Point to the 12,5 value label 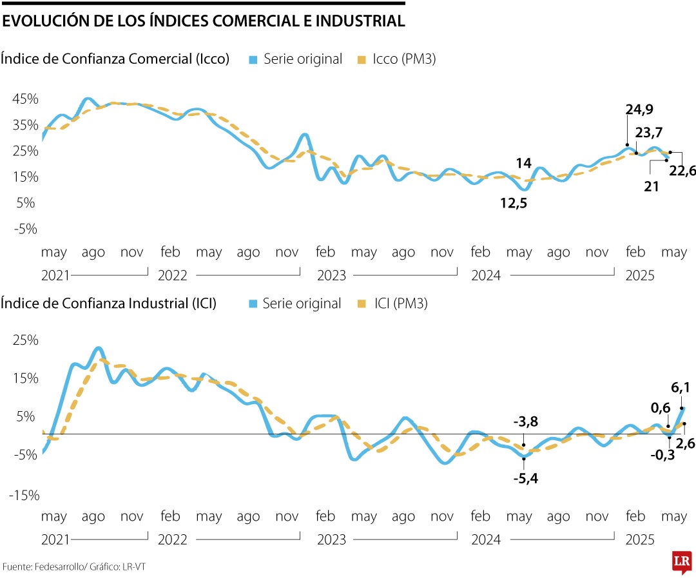click(513, 203)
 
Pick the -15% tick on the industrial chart click(24, 495)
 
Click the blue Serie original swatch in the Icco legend click(253, 59)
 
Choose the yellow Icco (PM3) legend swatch click(362, 59)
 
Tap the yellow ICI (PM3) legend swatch click(361, 304)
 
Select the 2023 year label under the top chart click(331, 276)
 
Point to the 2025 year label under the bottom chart click(640, 539)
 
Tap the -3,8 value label click(525, 422)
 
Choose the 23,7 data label click(649, 133)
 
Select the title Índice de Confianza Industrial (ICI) click(108, 303)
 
